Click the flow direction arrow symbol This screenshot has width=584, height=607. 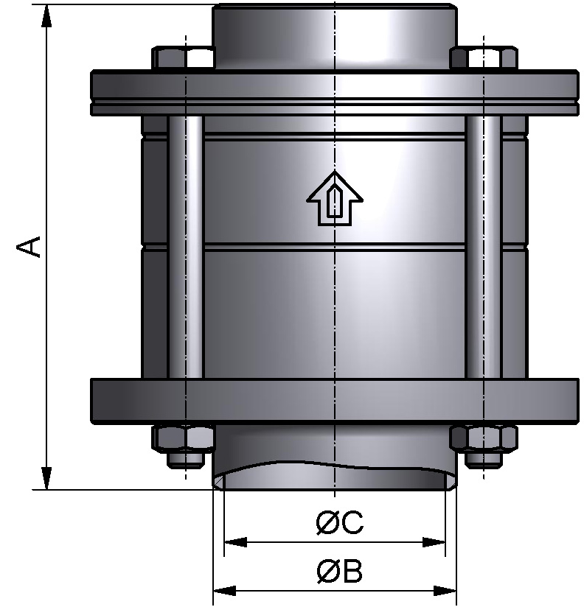click(335, 198)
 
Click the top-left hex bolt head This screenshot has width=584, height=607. click(181, 58)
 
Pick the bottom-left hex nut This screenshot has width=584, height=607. click(182, 438)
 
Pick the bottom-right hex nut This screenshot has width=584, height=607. click(483, 438)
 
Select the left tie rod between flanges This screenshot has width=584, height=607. click(186, 247)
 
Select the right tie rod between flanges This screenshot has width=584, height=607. click(484, 247)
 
